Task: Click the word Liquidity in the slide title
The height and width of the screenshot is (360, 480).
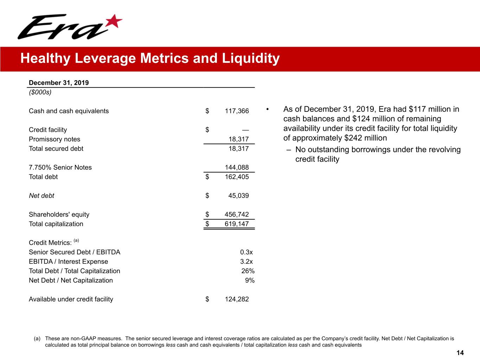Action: click(x=250, y=58)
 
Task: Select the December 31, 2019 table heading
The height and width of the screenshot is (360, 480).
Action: click(x=59, y=83)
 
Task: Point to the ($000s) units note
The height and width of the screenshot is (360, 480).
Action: click(x=40, y=92)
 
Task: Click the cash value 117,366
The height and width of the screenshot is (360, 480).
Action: click(x=237, y=111)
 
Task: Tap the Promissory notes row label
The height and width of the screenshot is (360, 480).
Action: click(x=55, y=139)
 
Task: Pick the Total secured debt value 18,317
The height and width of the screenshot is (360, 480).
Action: click(x=238, y=149)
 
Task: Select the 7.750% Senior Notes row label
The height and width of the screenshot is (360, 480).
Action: click(x=60, y=167)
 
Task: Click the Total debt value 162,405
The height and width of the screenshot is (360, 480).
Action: click(x=237, y=177)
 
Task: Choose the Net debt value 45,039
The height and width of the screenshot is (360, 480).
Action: click(x=238, y=196)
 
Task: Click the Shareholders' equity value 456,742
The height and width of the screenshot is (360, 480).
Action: click(x=237, y=214)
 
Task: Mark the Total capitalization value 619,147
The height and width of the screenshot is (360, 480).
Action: click(x=237, y=224)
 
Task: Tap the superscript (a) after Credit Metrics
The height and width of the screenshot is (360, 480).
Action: click(x=76, y=241)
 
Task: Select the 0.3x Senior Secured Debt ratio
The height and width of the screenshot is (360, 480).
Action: click(x=246, y=252)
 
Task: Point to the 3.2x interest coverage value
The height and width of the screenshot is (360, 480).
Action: click(x=246, y=262)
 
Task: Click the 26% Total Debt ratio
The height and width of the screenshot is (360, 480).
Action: click(x=248, y=271)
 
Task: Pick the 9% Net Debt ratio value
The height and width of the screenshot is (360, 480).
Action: click(x=250, y=281)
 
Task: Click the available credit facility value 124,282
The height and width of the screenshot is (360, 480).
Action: click(x=237, y=299)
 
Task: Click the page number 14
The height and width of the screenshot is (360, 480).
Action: click(x=460, y=353)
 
